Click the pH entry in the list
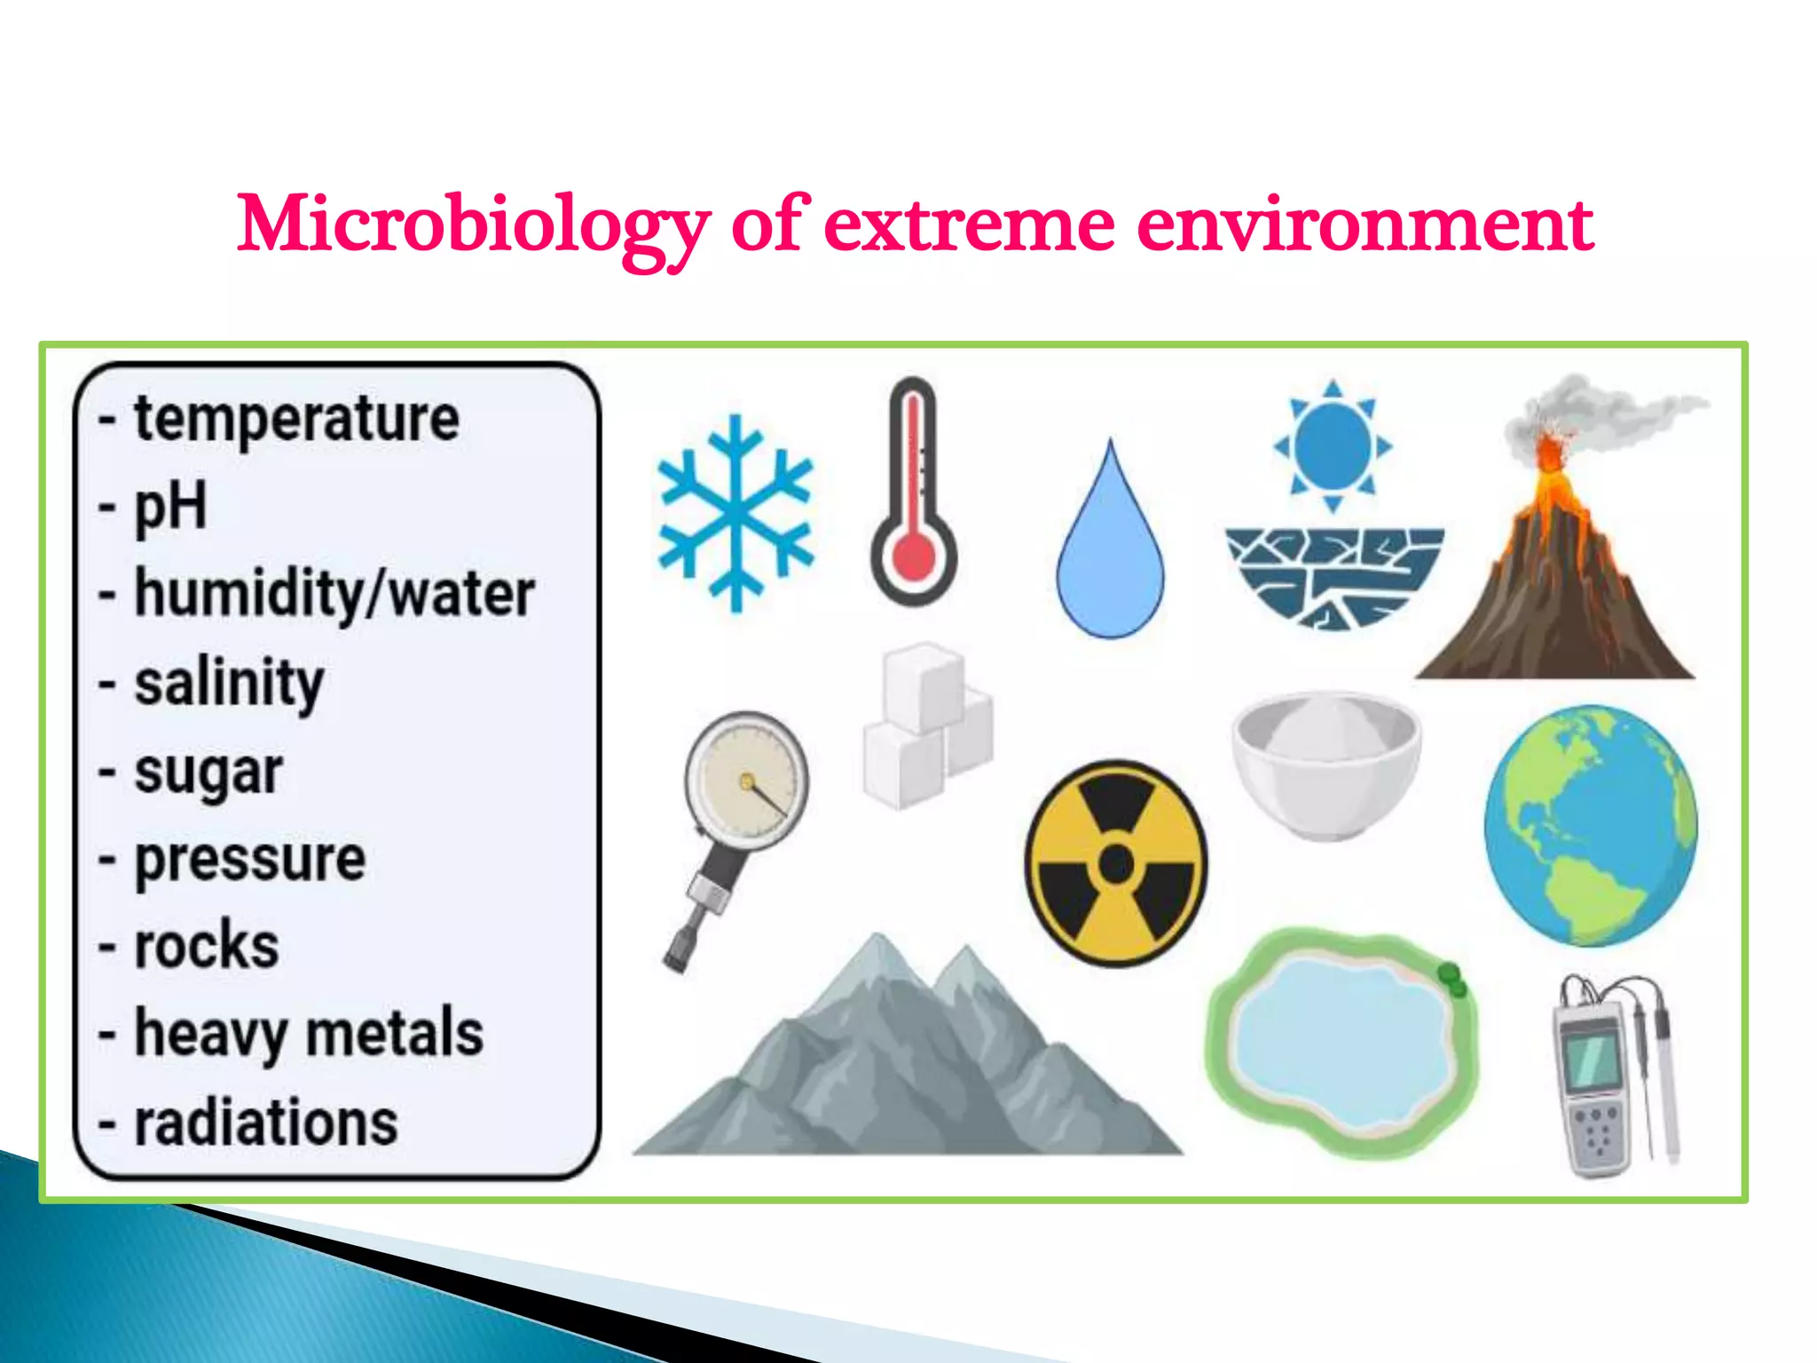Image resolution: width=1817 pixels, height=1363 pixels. (x=169, y=507)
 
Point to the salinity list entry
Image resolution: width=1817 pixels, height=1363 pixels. (x=228, y=683)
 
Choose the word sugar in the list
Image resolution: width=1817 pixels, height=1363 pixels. (x=208, y=772)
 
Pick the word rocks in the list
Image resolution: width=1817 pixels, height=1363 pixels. (x=206, y=946)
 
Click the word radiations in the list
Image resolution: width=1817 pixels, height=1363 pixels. (x=265, y=1123)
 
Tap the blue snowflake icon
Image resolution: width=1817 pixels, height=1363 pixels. (x=735, y=513)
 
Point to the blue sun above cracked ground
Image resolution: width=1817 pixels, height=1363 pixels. (x=1333, y=445)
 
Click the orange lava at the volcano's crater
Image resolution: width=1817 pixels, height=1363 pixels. (x=1549, y=453)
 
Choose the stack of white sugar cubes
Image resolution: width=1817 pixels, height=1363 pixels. (x=927, y=728)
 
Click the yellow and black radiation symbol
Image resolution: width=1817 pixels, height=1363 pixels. (x=1115, y=863)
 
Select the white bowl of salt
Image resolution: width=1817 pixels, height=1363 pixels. (x=1326, y=763)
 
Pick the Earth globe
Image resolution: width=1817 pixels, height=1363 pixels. (x=1591, y=825)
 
